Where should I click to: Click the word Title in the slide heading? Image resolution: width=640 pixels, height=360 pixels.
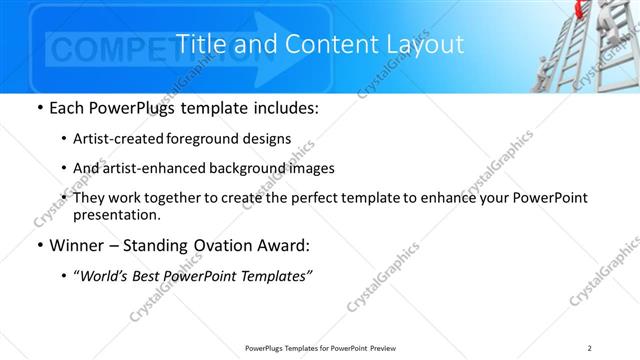pos(200,45)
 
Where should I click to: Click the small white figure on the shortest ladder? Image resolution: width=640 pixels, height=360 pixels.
pos(541,69)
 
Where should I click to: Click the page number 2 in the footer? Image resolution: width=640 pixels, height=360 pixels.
pos(590,347)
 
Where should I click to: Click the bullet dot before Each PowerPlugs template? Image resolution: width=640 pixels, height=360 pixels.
pos(39,107)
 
